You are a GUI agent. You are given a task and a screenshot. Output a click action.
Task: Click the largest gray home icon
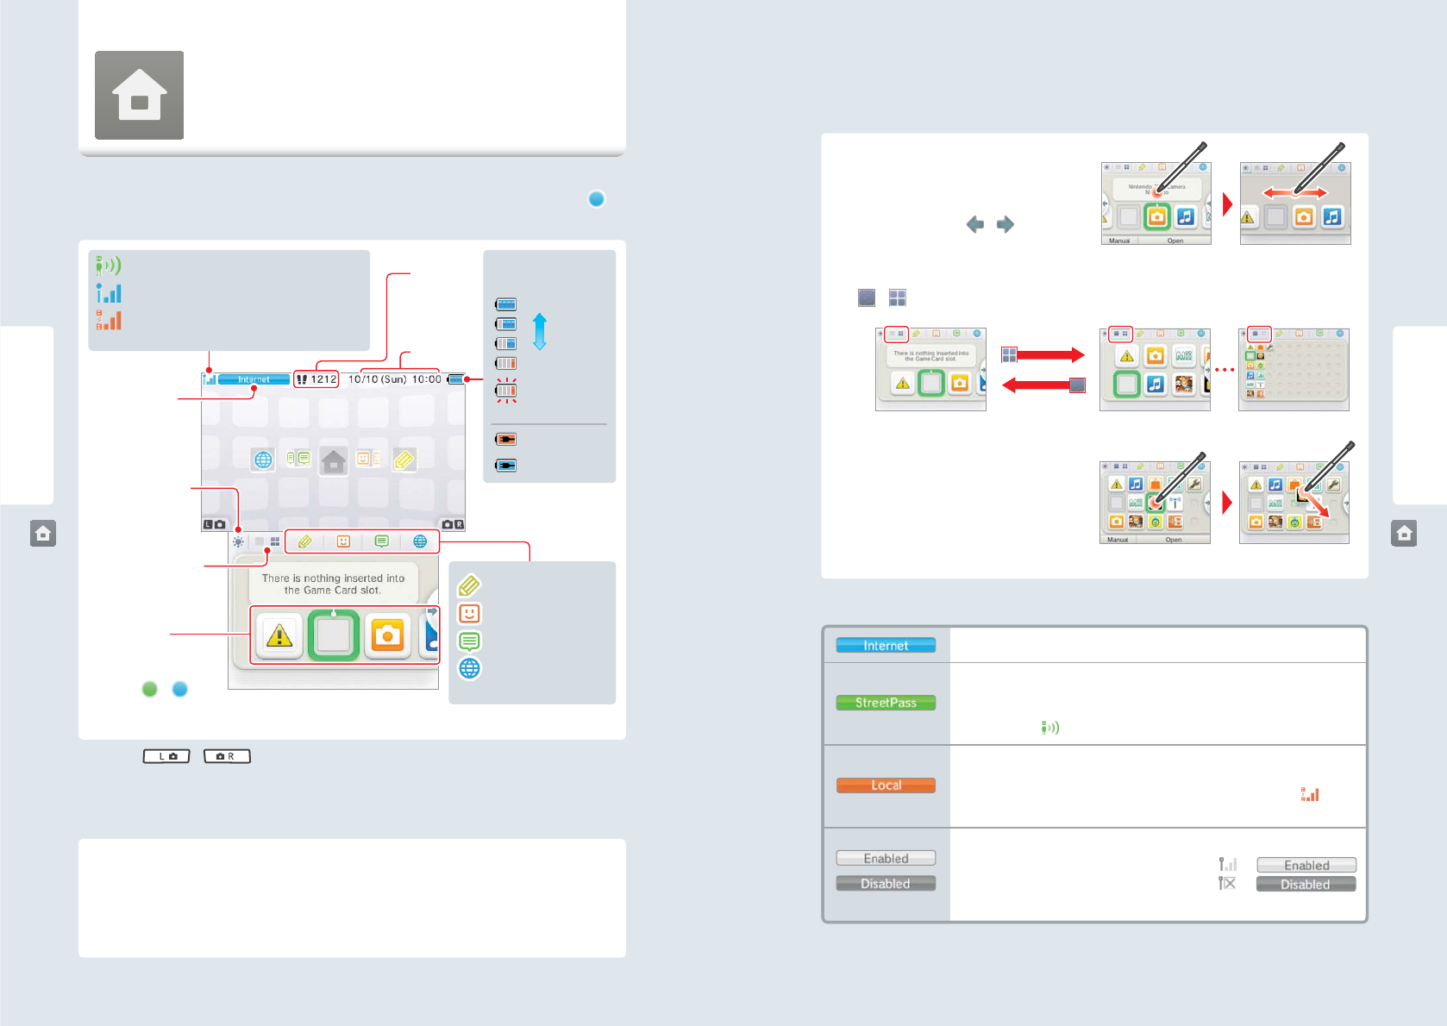139,95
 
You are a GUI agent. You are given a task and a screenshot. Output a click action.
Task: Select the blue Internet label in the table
886,645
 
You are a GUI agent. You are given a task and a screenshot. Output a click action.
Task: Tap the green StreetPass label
886,703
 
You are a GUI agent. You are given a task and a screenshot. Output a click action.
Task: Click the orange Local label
886,785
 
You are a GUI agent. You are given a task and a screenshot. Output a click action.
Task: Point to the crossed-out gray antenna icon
1227,883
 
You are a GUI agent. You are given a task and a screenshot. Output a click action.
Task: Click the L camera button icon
166,756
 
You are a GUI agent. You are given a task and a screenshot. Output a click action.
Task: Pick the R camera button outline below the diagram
227,756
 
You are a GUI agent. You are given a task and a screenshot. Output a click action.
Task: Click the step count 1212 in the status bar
316,379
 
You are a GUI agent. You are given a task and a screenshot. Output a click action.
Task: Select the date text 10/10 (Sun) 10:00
394,379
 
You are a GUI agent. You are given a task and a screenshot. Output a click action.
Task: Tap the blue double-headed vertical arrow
540,331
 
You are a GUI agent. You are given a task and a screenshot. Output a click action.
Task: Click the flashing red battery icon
506,390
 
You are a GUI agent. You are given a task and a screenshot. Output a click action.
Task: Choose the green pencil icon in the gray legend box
469,586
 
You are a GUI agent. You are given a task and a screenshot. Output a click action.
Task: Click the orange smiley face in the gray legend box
469,613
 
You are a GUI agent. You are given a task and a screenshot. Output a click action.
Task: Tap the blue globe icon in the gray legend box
469,668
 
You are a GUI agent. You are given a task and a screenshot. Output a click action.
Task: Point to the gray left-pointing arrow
975,224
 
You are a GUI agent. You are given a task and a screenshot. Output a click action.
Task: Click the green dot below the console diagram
150,689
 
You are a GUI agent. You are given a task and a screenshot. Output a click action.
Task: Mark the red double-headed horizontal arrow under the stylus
1295,192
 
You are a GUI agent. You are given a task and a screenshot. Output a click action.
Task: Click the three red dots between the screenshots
1225,370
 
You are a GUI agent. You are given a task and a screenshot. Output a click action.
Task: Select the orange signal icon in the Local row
1310,794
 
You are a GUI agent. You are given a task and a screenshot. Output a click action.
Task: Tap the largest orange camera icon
388,636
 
